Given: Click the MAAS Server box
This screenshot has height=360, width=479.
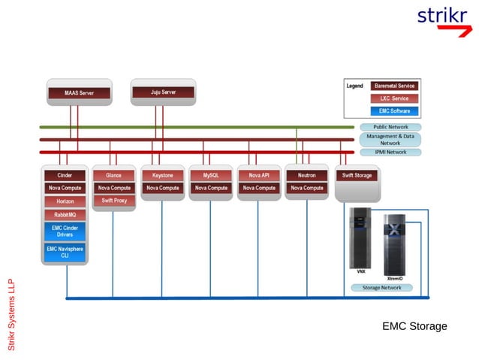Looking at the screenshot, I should click(79, 93).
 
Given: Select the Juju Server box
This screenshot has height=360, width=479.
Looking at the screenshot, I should click(163, 92).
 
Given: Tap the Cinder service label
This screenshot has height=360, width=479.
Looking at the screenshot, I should click(65, 175).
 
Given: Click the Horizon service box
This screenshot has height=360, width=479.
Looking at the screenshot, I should click(65, 201).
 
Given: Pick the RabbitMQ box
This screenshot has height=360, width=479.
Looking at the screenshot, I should click(65, 215).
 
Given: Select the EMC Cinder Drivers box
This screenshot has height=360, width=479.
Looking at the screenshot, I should click(65, 231).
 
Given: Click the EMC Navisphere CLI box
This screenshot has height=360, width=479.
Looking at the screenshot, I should click(65, 252).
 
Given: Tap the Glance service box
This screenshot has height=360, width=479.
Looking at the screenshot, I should click(114, 175).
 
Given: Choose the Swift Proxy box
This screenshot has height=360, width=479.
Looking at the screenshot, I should click(114, 201).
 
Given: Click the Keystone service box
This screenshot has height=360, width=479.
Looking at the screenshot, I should click(162, 175).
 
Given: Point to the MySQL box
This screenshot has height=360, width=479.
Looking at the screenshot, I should click(210, 175).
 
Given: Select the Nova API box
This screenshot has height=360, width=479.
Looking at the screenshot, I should click(259, 175).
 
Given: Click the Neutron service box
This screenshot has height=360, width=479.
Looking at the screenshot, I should click(306, 175).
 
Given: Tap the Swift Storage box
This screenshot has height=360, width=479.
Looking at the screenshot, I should click(357, 176).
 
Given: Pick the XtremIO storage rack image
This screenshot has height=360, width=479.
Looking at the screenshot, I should click(395, 245).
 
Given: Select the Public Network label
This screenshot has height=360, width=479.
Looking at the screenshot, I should click(390, 127).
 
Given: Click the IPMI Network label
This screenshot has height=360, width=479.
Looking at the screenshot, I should click(390, 152).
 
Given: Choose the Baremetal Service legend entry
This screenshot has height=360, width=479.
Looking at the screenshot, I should click(393, 86).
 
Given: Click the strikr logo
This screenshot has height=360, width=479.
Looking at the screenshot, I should click(444, 19).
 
